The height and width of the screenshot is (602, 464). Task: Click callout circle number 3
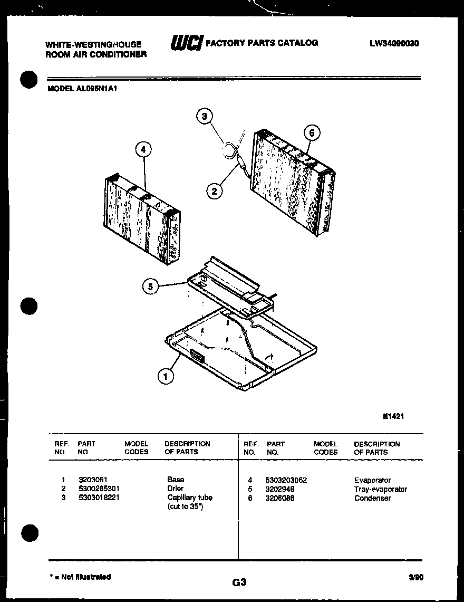pos(205,116)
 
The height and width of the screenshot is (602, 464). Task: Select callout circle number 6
pos(311,133)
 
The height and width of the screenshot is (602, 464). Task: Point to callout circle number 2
pos(214,191)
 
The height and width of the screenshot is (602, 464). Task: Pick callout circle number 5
pos(151,286)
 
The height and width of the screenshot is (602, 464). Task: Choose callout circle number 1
pos(166,376)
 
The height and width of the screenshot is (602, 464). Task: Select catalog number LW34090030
pos(394,44)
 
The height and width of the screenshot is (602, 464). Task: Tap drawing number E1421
pos(393,416)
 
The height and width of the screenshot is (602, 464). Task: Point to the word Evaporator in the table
pos(372,480)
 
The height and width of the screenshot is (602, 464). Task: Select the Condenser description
pos(372,498)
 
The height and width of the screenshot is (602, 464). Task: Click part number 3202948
pos(279,489)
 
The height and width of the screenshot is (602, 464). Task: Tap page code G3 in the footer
pos(239,582)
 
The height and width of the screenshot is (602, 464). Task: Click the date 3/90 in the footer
pos(415,577)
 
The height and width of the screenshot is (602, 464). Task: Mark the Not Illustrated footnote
pos(79,577)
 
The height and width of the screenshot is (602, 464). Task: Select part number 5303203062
pos(287,480)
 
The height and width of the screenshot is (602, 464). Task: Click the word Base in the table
pos(176,480)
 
